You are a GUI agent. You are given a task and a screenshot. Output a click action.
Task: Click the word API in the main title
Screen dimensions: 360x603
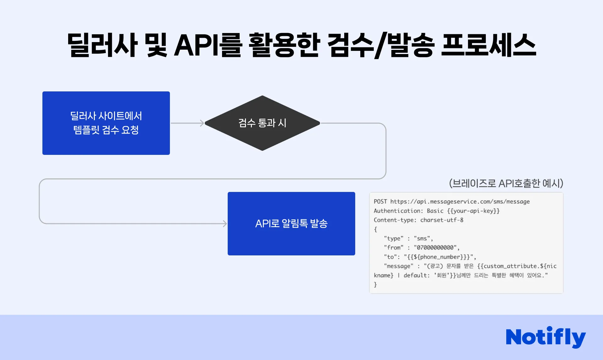(x=197, y=45)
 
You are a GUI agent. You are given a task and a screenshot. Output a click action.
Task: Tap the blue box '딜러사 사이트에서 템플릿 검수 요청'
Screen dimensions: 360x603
(x=106, y=123)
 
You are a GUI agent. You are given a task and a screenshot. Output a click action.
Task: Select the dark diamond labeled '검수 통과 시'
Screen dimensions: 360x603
(x=262, y=123)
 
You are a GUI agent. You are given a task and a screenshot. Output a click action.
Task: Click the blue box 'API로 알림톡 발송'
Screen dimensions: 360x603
(x=291, y=224)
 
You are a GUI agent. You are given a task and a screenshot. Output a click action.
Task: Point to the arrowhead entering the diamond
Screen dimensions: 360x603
(x=202, y=123)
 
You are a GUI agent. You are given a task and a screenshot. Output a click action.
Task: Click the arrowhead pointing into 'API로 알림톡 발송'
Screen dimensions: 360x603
(x=225, y=224)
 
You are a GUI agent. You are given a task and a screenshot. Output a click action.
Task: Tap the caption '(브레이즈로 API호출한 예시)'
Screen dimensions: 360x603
(x=506, y=183)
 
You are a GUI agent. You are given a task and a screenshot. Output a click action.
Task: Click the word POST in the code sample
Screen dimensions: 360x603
(x=380, y=202)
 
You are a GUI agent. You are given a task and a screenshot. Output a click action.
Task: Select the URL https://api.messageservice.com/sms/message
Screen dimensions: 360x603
(x=460, y=202)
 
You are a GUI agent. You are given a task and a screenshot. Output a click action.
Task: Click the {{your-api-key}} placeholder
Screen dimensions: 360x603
(x=473, y=211)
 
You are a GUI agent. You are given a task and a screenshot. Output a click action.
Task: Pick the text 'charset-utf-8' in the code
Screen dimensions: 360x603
(x=442, y=220)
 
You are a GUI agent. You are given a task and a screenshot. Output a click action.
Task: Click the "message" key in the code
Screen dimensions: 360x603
(x=398, y=266)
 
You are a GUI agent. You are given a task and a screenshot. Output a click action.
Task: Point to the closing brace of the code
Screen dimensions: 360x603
(x=375, y=285)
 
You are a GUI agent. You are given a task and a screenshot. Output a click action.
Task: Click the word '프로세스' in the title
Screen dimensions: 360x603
(x=488, y=45)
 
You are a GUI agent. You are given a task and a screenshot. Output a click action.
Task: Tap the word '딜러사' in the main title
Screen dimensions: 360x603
(x=102, y=45)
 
